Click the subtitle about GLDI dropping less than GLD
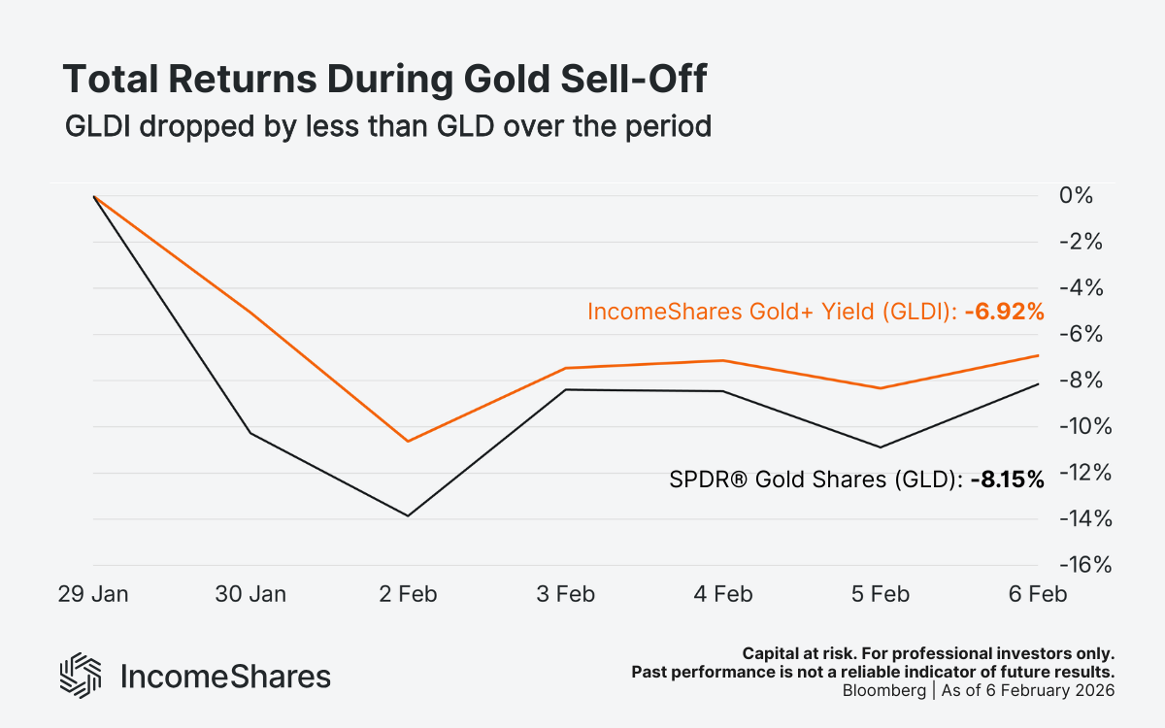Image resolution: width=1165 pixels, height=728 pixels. [387, 127]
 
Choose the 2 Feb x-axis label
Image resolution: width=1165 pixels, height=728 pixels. [408, 594]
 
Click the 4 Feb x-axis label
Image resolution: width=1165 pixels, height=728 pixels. [722, 594]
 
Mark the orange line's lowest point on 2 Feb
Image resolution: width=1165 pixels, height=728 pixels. [408, 441]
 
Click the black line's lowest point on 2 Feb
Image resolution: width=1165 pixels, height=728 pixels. [408, 515]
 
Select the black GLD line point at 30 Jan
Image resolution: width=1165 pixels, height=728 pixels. [250, 433]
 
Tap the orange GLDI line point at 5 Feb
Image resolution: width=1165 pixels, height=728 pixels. [881, 388]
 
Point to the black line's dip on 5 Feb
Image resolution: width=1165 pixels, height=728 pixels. [881, 447]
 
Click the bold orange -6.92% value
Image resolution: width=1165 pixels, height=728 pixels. [1004, 312]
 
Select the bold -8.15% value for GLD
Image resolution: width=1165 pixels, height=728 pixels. [1007, 479]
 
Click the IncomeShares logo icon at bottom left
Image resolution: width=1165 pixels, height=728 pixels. [82, 675]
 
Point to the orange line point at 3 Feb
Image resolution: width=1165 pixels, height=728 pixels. [566, 368]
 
